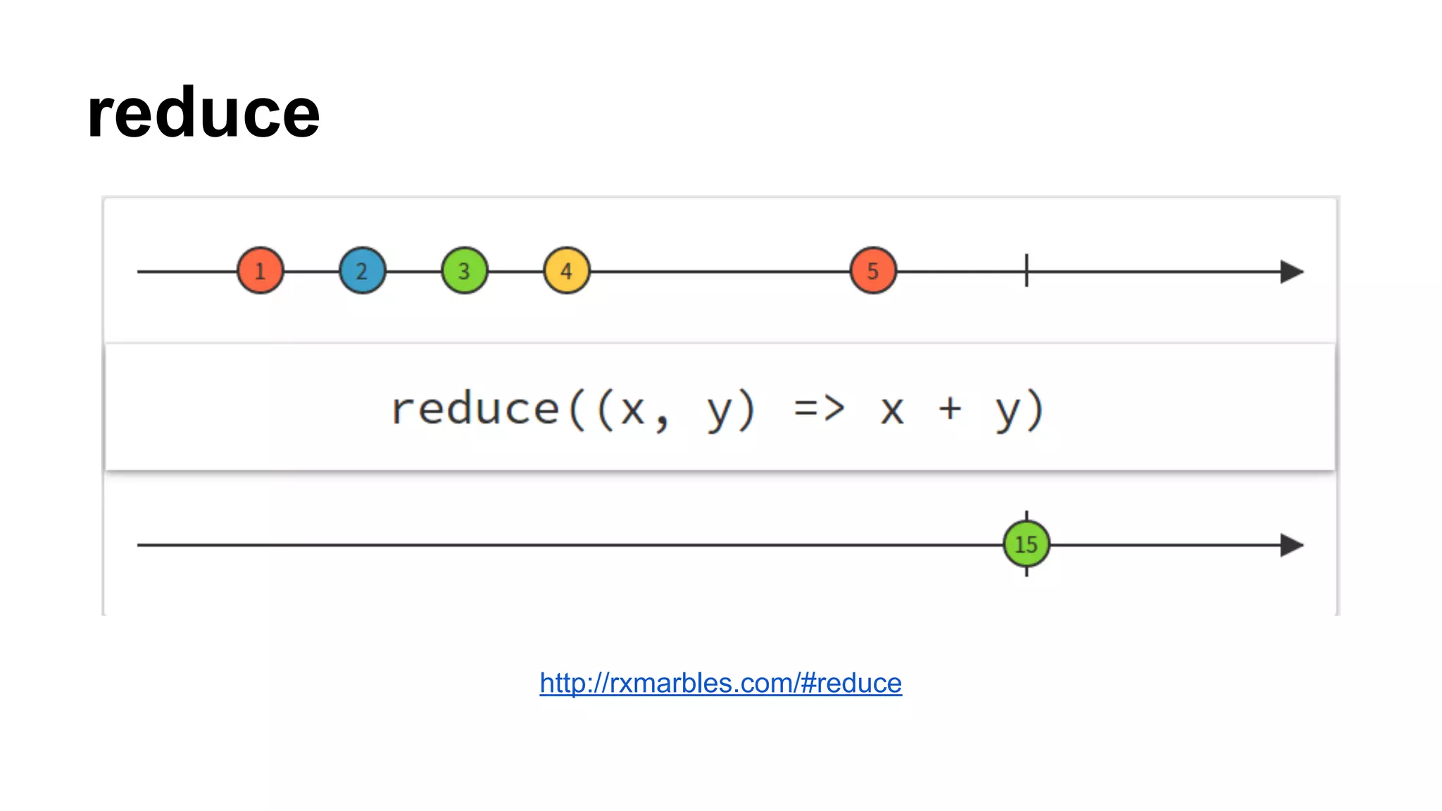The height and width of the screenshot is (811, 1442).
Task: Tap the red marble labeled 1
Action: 261,270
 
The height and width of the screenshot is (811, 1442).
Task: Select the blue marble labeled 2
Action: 363,270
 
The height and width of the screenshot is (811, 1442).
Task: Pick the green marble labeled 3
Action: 465,270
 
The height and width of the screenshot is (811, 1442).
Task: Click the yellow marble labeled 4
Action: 567,270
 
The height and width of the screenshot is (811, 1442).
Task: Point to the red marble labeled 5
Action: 873,270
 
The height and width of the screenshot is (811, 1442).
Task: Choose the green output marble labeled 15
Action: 1027,544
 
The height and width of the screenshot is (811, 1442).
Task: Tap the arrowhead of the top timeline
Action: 1291,272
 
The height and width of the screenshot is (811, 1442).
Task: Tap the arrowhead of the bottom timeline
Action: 1291,545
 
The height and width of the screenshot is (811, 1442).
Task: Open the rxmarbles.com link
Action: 720,683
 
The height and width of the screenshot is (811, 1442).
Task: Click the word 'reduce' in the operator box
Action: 475,409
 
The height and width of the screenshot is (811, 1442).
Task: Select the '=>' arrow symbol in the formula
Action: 819,408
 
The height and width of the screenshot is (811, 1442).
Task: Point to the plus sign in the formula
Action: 950,408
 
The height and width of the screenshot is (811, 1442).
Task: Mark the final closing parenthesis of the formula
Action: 1036,410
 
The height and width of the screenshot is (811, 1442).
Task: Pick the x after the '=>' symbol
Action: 892,410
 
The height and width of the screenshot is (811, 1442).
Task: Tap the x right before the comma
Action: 632,410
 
